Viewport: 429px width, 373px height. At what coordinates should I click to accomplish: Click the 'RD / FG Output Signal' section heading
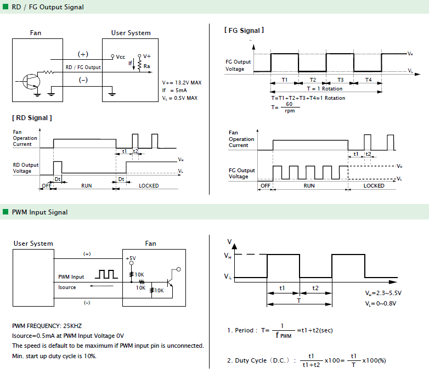(48, 7)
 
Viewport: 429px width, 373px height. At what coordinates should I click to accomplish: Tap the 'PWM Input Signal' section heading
(39, 212)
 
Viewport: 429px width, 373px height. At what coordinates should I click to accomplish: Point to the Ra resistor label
(147, 66)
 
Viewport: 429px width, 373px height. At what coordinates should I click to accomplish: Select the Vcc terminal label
(120, 57)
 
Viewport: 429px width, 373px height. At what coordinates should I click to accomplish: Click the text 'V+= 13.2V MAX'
(182, 83)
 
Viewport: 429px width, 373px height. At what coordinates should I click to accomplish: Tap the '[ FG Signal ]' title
(244, 30)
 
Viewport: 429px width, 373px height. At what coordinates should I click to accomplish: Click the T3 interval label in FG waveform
(340, 80)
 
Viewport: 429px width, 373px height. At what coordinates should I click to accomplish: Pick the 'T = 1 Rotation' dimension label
(325, 89)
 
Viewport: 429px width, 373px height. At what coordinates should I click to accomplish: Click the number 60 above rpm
(289, 104)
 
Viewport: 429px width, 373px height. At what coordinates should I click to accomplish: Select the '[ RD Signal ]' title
(32, 118)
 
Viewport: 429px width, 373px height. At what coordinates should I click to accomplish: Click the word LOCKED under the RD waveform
(149, 186)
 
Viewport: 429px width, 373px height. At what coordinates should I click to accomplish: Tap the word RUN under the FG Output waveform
(309, 186)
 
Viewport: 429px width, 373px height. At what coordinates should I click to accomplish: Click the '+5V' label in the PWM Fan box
(131, 258)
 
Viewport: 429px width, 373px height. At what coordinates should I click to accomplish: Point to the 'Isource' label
(67, 287)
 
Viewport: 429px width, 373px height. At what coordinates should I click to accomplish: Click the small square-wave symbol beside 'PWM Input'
(106, 274)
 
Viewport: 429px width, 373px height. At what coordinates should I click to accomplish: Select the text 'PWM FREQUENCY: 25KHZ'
(47, 326)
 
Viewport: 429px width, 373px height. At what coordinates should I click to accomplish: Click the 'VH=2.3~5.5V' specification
(383, 293)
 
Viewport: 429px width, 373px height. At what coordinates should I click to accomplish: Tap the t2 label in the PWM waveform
(315, 288)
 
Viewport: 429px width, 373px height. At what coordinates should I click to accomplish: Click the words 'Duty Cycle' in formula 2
(251, 360)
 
